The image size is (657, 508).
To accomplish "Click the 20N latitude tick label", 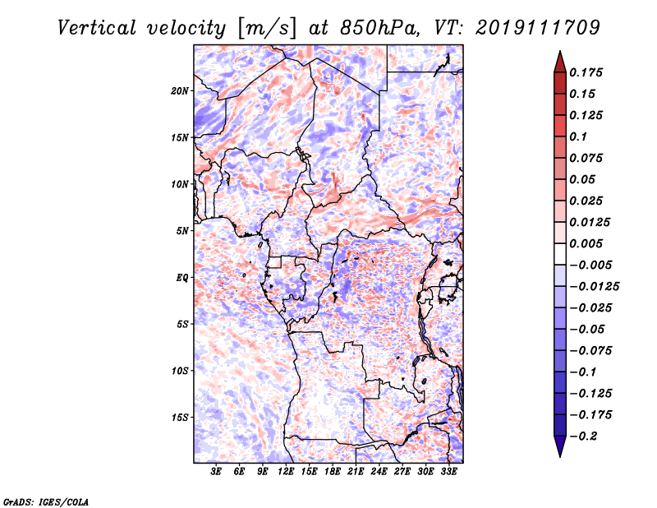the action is click(x=180, y=91).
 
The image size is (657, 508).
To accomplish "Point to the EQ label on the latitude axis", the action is click(x=182, y=278).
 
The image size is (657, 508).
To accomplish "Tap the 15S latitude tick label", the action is click(x=180, y=418).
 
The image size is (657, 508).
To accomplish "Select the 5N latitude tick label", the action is click(x=182, y=231).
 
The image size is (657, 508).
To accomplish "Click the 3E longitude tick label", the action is click(x=216, y=472).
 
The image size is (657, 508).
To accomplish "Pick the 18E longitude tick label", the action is click(x=333, y=472).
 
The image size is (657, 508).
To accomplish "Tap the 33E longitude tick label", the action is click(x=448, y=472).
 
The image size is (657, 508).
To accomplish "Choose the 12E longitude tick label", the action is click(x=286, y=472).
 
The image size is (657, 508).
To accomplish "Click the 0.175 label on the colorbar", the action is click(x=586, y=72).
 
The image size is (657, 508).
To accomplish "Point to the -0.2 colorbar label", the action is click(x=583, y=436).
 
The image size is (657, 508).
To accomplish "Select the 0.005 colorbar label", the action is click(x=586, y=243).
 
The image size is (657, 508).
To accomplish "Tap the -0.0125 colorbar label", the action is click(x=594, y=287).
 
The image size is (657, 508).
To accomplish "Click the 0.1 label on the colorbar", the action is click(x=578, y=136).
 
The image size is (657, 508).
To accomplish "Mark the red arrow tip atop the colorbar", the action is click(x=560, y=51).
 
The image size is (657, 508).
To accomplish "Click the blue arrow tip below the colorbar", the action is click(x=560, y=456).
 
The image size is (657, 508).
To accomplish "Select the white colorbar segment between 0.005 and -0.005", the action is click(x=560, y=254).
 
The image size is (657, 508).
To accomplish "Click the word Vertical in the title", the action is click(x=96, y=28).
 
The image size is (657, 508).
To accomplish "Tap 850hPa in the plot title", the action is click(x=379, y=28).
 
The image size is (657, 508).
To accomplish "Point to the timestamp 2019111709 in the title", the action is click(x=538, y=28).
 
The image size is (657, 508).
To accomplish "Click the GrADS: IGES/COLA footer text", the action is click(x=46, y=501).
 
